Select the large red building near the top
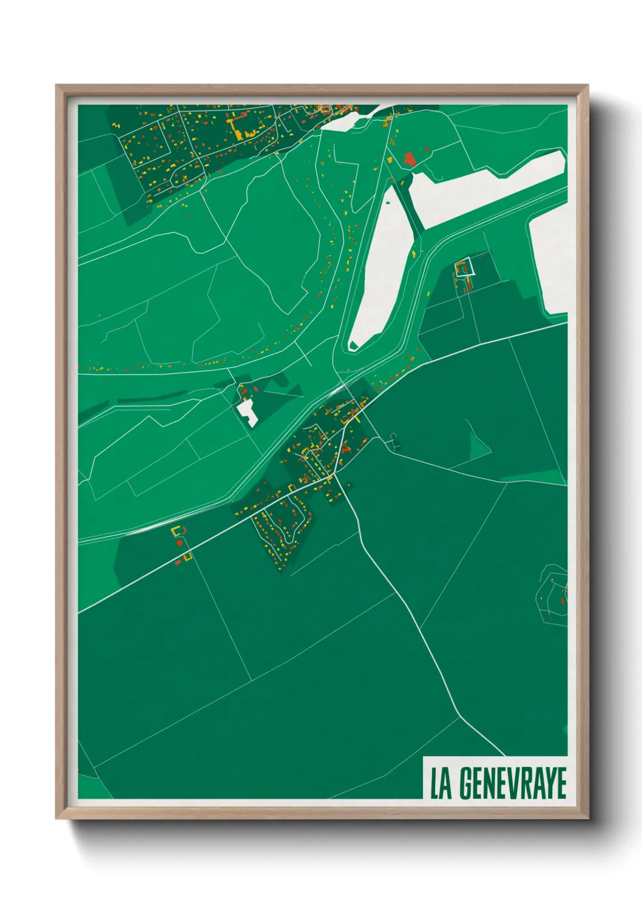(x=410, y=160)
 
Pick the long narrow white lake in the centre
(x=382, y=267)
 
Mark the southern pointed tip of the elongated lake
(x=353, y=346)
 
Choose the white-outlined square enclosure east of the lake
(x=465, y=267)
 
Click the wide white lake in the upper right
(x=485, y=188)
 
